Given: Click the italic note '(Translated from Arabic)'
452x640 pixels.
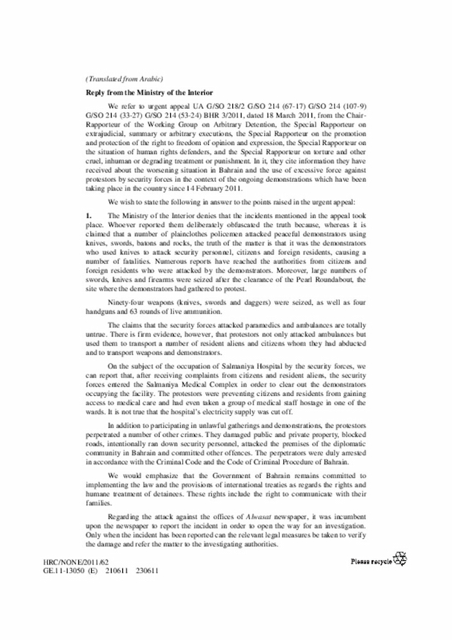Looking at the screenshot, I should (124, 78).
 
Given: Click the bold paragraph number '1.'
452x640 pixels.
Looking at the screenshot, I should (90, 214).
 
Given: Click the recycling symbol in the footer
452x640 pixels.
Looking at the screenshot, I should (400, 559).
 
